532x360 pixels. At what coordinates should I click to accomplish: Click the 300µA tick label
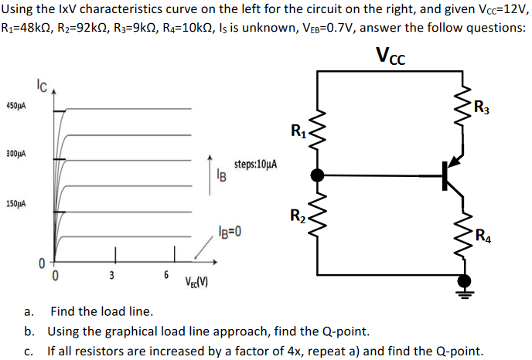coord(16,155)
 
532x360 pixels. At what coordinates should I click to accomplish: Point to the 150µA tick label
coord(16,204)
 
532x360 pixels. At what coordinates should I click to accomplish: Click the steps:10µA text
coord(256,165)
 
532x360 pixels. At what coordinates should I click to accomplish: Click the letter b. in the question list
coord(29,332)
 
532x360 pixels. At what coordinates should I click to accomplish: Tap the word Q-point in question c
coord(459,352)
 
